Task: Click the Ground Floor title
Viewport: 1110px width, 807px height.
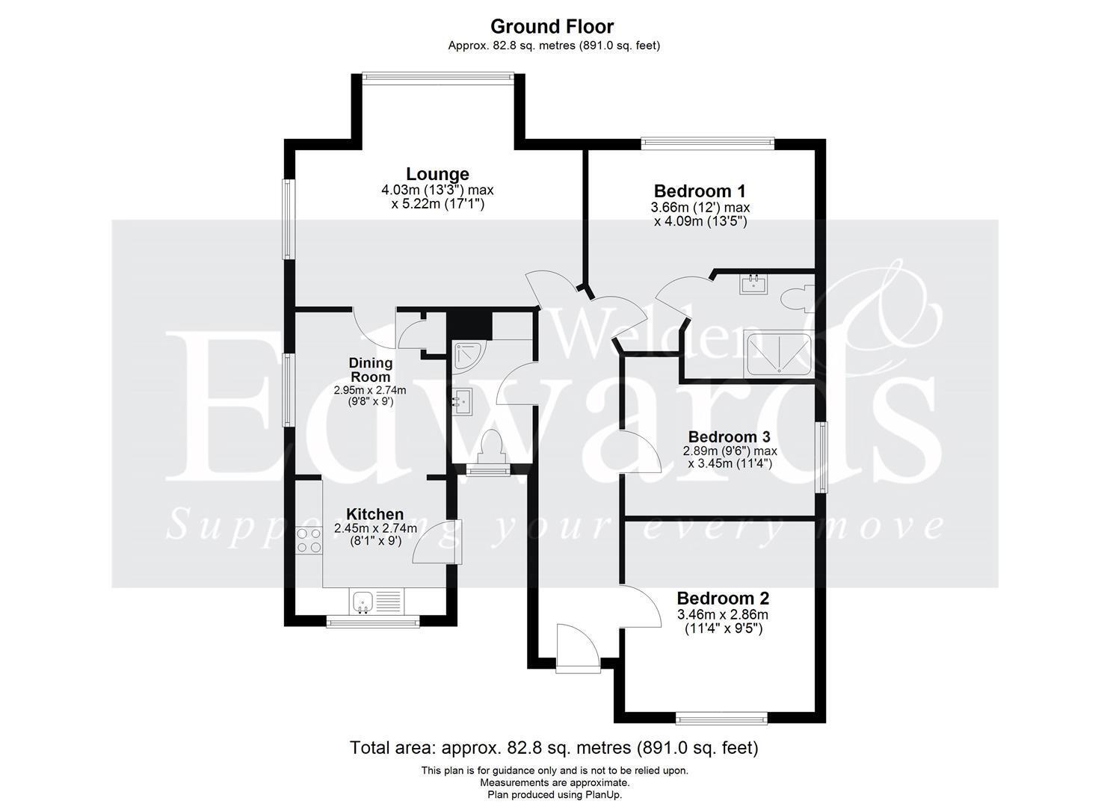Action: click(552, 26)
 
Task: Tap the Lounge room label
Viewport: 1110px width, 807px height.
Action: click(437, 174)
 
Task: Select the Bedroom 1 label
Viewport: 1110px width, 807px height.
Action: click(700, 191)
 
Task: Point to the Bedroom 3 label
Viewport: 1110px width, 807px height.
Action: click(730, 437)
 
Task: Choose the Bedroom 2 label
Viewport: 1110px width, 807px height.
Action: click(723, 599)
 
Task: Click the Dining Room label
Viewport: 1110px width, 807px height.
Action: click(371, 370)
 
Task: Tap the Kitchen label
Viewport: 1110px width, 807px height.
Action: click(374, 514)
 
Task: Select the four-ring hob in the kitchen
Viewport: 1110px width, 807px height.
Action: click(309, 540)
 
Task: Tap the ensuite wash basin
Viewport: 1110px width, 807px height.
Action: click(753, 284)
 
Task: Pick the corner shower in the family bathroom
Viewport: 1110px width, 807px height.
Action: click(469, 355)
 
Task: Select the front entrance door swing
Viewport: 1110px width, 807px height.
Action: click(578, 648)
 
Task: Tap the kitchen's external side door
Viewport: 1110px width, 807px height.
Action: click(437, 542)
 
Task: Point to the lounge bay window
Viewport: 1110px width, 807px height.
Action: click(437, 76)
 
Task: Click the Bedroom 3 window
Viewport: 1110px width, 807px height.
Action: click(821, 457)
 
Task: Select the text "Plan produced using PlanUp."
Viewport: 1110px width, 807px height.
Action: click(555, 794)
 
